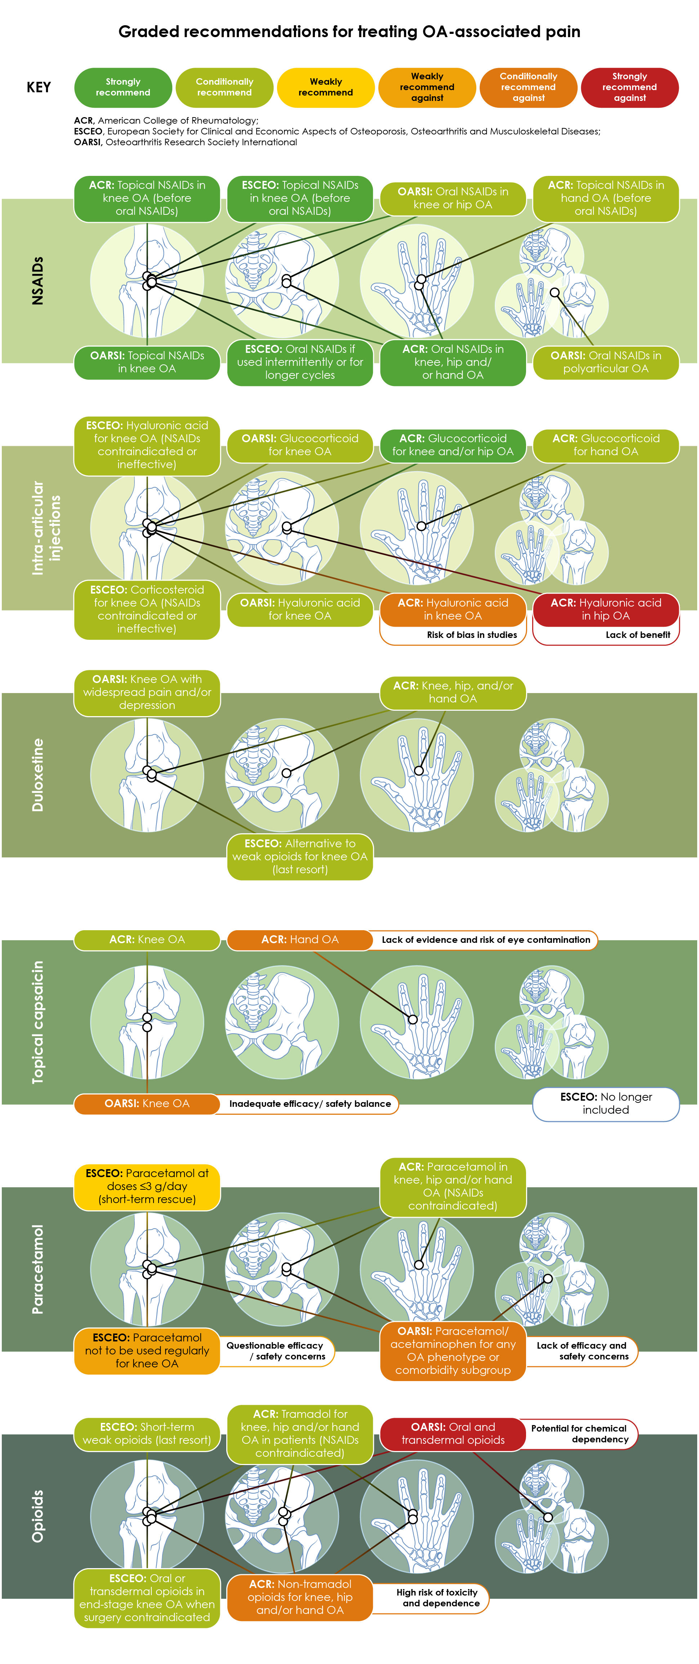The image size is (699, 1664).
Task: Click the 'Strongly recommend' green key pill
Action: pos(123,87)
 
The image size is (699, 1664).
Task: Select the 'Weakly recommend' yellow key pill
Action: pos(326,87)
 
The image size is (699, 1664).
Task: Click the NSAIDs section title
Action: pos(37,281)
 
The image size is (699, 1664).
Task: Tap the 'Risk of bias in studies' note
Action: pos(472,635)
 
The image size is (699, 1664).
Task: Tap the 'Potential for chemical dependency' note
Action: pos(579,1433)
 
